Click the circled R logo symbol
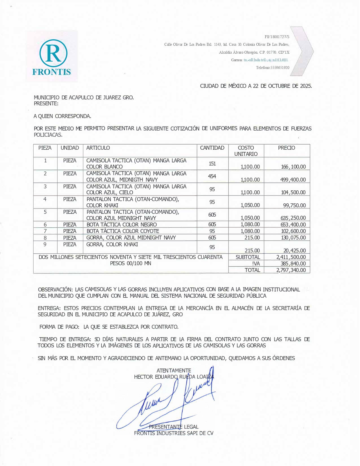53,53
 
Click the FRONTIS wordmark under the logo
51,72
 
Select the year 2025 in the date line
306,86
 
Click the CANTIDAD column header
212,148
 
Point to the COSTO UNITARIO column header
246,151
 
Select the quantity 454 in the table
212,176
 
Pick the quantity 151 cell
212,164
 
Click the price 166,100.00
293,167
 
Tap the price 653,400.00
293,225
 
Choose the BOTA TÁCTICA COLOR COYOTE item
123,231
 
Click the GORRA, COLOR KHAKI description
112,244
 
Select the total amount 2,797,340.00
291,270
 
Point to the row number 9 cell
45,244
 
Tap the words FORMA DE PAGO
59,327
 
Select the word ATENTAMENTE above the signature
174,370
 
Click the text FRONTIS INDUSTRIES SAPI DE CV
174,433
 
